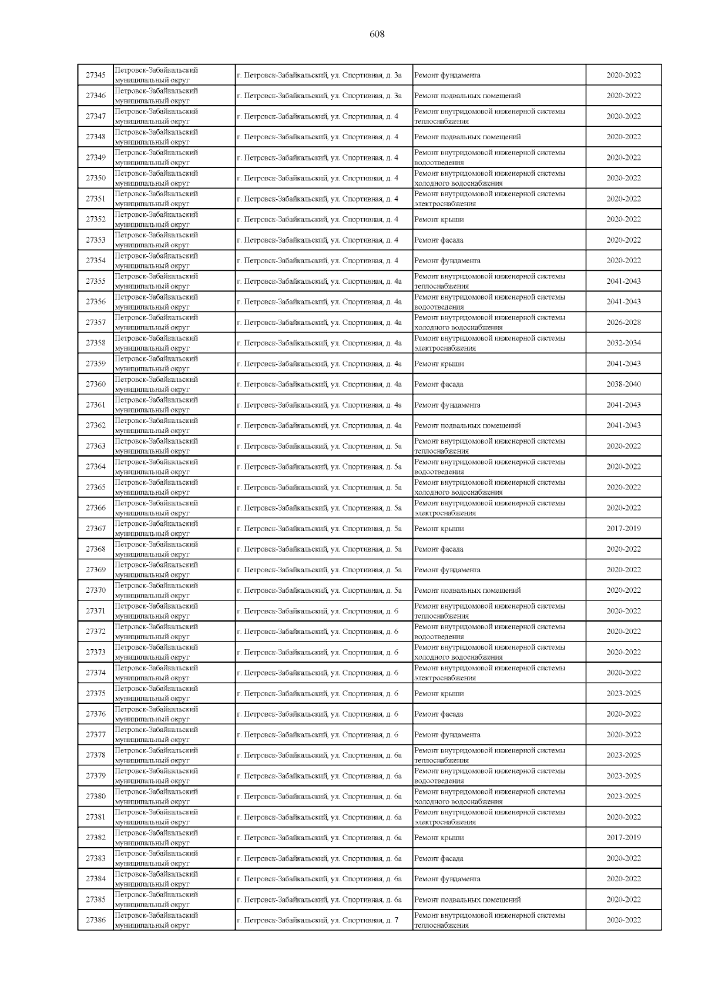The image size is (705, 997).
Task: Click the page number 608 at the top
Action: pyautogui.click(x=377, y=35)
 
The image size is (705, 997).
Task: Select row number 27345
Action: pyautogui.click(x=95, y=75)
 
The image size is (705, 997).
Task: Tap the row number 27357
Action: pyautogui.click(x=95, y=323)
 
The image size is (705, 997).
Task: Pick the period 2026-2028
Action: pyautogui.click(x=623, y=323)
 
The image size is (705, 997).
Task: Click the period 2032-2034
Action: pyautogui.click(x=623, y=343)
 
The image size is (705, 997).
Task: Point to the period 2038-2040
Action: pyautogui.click(x=623, y=384)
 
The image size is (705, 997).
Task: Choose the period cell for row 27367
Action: pyautogui.click(x=623, y=529)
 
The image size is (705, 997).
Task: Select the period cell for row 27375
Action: pyautogui.click(x=623, y=693)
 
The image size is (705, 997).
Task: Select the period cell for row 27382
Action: pyautogui.click(x=623, y=838)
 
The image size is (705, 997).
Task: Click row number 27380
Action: pyautogui.click(x=95, y=797)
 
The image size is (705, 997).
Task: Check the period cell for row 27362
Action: pyautogui.click(x=623, y=425)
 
